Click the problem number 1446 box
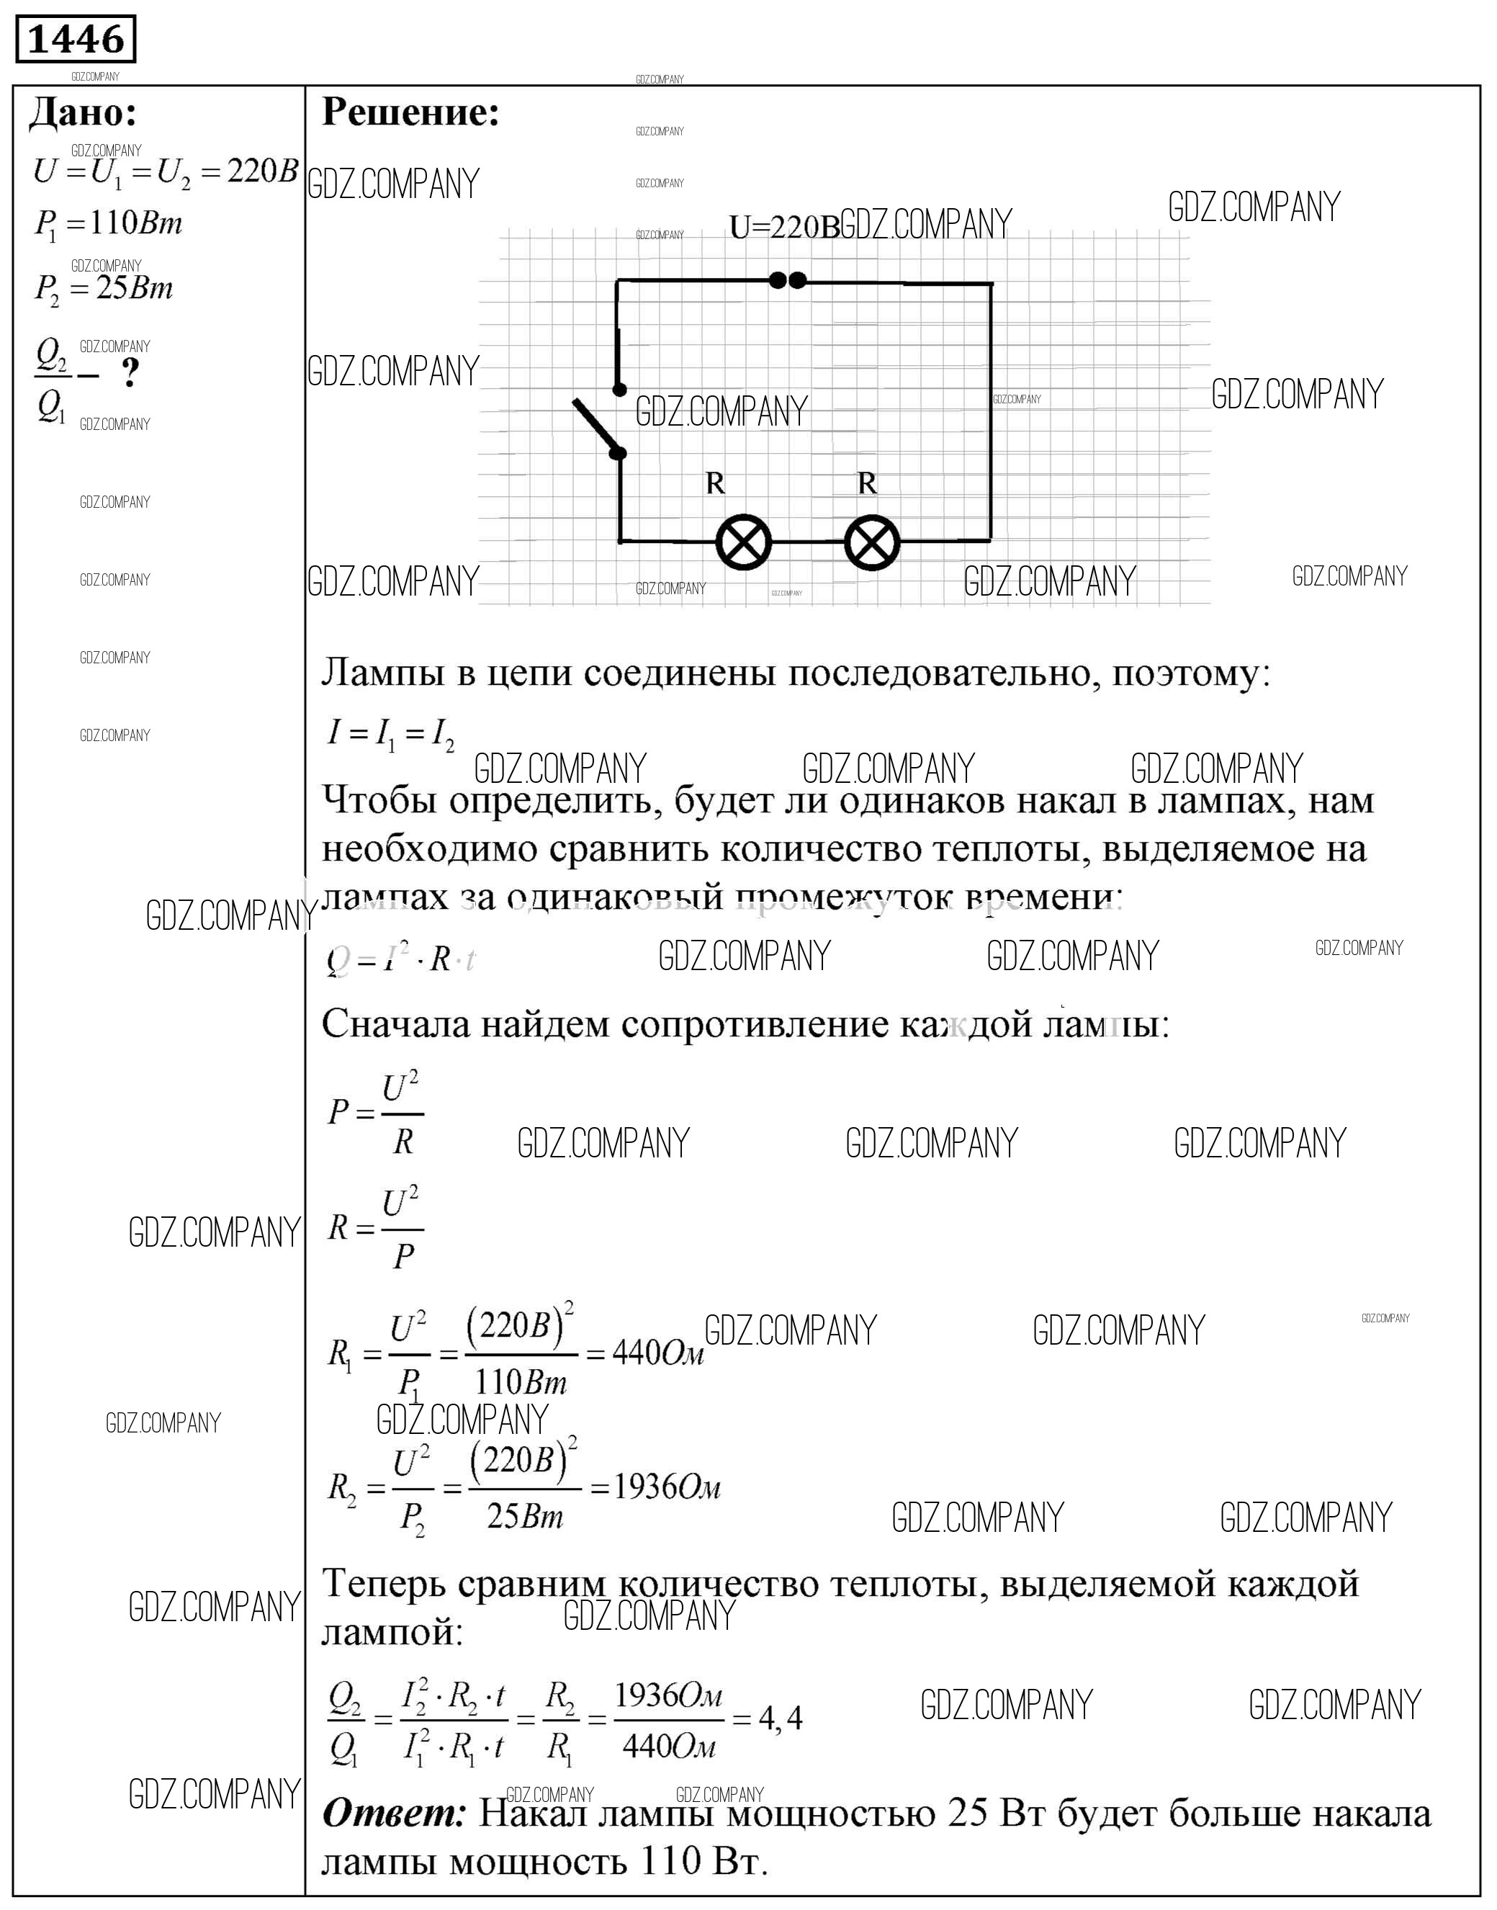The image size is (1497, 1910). pyautogui.click(x=76, y=40)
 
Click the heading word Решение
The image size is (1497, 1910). pyautogui.click(x=410, y=113)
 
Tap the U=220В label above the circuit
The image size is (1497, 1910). pyautogui.click(x=783, y=228)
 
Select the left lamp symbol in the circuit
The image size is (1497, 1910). pyautogui.click(x=743, y=542)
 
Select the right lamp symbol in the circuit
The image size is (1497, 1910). pyautogui.click(x=872, y=542)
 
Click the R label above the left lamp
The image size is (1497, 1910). pyautogui.click(x=715, y=483)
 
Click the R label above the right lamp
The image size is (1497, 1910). pyautogui.click(x=867, y=483)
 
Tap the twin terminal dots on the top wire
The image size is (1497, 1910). pyautogui.click(x=787, y=280)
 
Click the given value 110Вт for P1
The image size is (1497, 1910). pyautogui.click(x=136, y=225)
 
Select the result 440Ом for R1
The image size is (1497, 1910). pyautogui.click(x=657, y=1354)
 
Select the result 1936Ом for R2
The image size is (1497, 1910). pyautogui.click(x=666, y=1487)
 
